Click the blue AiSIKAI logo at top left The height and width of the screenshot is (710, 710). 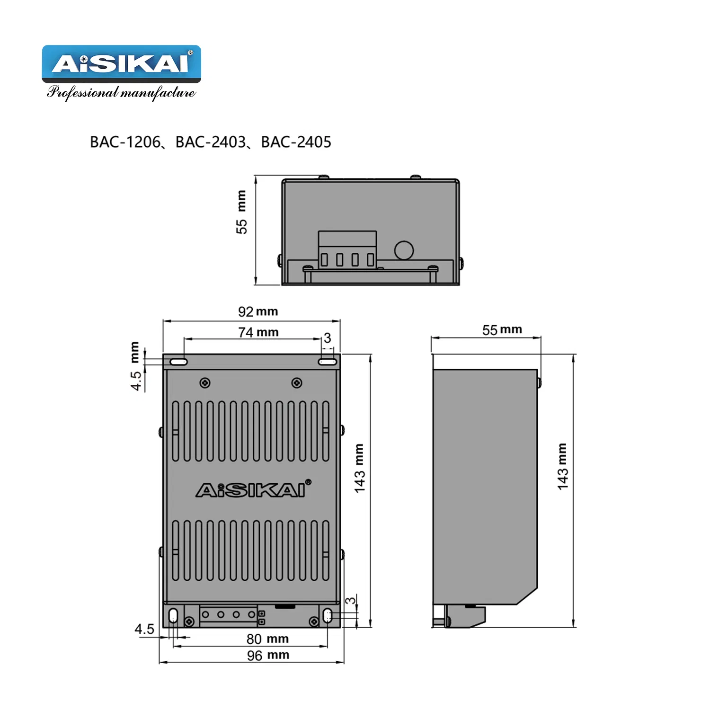pyautogui.click(x=121, y=63)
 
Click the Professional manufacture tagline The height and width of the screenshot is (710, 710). pyautogui.click(x=121, y=92)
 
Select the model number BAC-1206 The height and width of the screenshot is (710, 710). pyautogui.click(x=125, y=142)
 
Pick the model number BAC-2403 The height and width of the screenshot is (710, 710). pyautogui.click(x=211, y=142)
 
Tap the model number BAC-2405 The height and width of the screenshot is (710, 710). pyautogui.click(x=296, y=142)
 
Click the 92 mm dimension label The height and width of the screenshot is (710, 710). pyautogui.click(x=258, y=311)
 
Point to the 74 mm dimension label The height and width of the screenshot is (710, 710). pyautogui.click(x=258, y=332)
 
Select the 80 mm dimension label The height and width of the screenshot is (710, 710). pyautogui.click(x=267, y=639)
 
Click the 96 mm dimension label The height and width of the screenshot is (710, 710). pyautogui.click(x=268, y=655)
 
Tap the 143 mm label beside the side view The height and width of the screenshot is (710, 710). pyautogui.click(x=562, y=466)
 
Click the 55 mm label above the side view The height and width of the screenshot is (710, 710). pyautogui.click(x=502, y=329)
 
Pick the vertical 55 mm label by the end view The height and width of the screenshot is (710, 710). pyautogui.click(x=241, y=212)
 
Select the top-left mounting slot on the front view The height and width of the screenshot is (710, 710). pyautogui.click(x=179, y=362)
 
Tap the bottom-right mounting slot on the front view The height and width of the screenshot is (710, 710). pyautogui.click(x=327, y=616)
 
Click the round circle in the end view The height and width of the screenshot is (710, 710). pyautogui.click(x=404, y=250)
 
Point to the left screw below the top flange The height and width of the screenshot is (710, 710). pyautogui.click(x=205, y=382)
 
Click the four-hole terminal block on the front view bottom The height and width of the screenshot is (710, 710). pyautogui.click(x=228, y=615)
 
